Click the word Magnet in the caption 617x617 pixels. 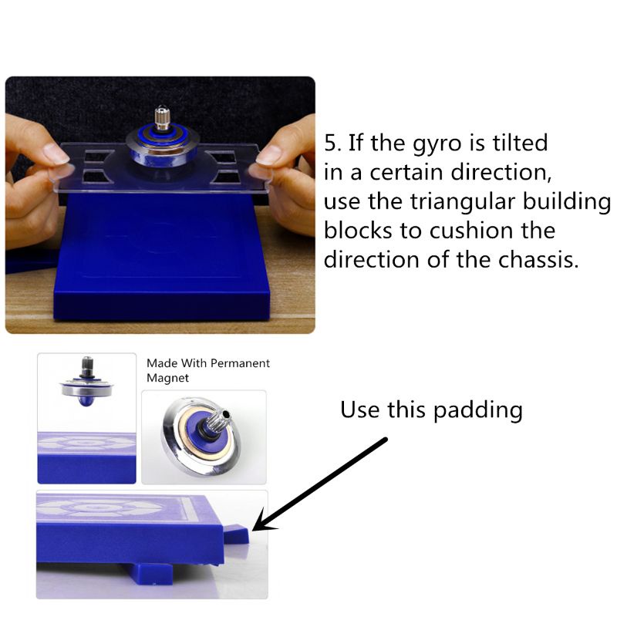click(x=167, y=378)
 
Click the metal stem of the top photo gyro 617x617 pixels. click(x=162, y=117)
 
